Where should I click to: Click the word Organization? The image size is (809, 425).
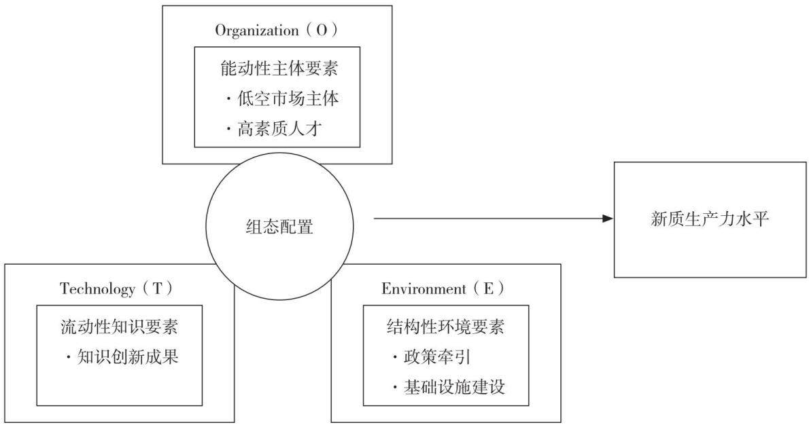coord(257,31)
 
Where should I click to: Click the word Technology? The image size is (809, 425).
coord(97,289)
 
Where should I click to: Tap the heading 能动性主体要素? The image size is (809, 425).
coord(279,69)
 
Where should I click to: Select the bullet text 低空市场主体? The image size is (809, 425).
coord(288,99)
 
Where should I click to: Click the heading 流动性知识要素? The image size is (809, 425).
coord(119,327)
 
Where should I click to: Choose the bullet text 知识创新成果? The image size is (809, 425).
coord(128,357)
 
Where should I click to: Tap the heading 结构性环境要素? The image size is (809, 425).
coord(445,327)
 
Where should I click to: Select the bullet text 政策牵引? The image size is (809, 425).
coord(437,357)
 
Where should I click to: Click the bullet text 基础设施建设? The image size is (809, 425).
coord(454,387)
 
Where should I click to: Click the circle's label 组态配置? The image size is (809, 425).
coord(279,227)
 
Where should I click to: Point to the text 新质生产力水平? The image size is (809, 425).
coord(710,219)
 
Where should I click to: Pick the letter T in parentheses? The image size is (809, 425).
coord(157,289)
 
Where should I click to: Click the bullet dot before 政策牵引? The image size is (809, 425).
coord(395,357)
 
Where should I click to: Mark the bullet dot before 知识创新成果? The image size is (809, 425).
coord(69,357)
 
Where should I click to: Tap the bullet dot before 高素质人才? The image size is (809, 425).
coord(228,129)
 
